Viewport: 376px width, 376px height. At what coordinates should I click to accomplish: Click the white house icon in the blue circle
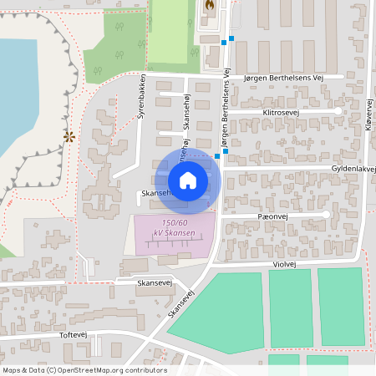[187, 180]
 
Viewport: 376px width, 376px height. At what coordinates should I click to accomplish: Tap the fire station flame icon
[208, 5]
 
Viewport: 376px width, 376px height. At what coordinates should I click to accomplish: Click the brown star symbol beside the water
[69, 136]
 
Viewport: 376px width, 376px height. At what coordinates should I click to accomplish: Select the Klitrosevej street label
[285, 111]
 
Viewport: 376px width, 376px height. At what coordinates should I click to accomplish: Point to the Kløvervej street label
[366, 112]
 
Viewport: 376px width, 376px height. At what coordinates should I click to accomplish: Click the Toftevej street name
[74, 333]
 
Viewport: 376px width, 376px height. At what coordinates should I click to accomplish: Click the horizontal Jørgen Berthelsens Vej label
[282, 77]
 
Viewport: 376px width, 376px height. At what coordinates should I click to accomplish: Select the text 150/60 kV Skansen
[174, 227]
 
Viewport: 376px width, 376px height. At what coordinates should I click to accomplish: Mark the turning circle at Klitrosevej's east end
[338, 111]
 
